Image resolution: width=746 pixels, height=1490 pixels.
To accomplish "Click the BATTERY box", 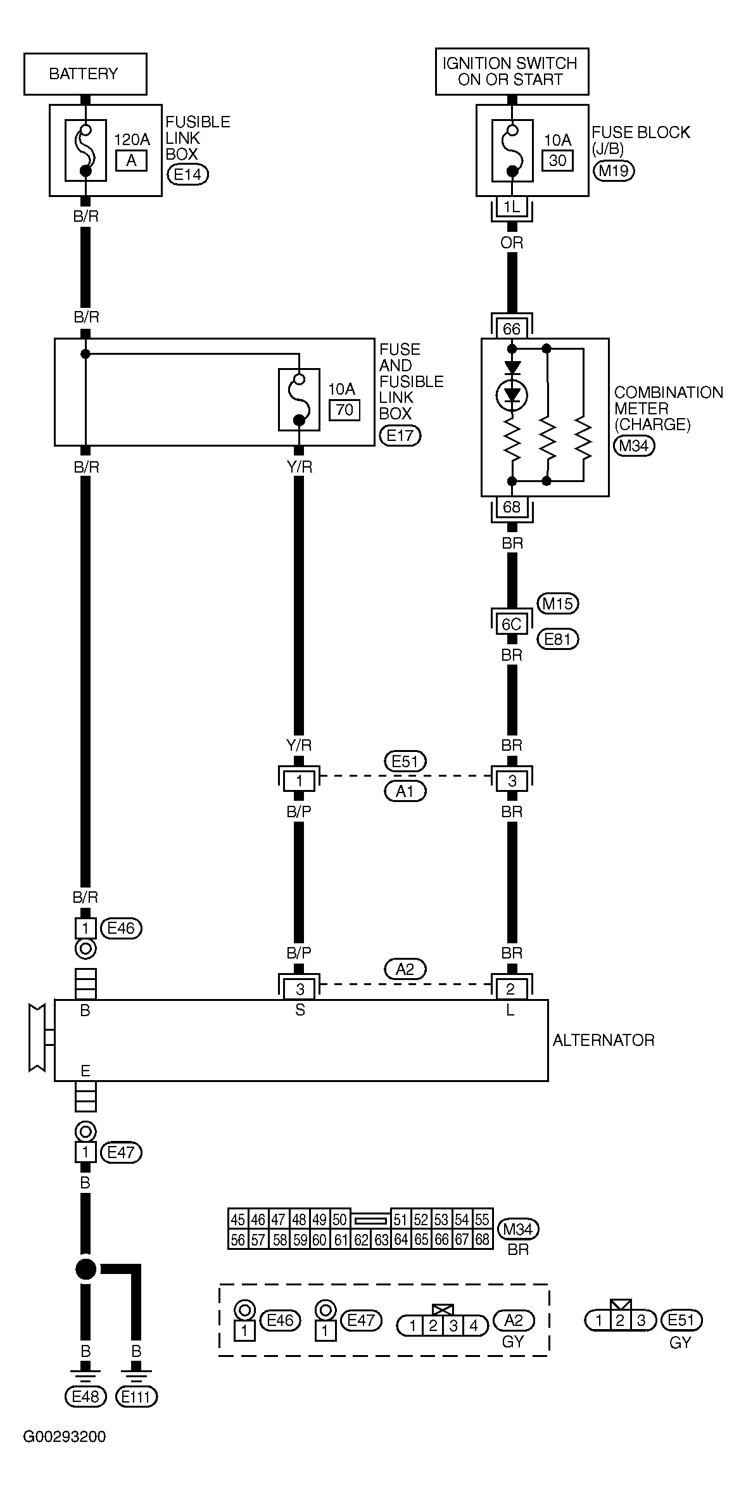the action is point(85,74).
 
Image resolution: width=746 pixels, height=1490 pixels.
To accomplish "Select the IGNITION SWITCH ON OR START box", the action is point(512,72).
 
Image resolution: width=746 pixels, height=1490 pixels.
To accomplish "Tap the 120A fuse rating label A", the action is point(131,161).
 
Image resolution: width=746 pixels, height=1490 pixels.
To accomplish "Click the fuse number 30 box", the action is point(557,161).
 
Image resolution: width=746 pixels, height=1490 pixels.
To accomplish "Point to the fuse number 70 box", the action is point(345,410).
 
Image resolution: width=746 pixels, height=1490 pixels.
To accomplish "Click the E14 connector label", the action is point(187,175).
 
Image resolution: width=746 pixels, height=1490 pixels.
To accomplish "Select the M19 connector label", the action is point(615,171).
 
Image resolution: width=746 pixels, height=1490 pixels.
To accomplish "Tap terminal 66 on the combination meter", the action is point(512,329).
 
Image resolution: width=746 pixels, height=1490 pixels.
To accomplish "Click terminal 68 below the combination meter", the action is point(512,506).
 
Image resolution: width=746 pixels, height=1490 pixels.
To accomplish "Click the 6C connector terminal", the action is point(512,625).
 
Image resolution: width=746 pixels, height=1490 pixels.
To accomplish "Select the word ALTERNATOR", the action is point(604,1040).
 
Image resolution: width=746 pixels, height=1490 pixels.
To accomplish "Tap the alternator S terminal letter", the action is point(300,1010).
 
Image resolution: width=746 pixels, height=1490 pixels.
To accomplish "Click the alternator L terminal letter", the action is point(510,1010).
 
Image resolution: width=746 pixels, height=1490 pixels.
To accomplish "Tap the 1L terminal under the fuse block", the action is point(512,207).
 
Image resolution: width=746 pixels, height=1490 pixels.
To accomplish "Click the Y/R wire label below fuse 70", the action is point(300,468).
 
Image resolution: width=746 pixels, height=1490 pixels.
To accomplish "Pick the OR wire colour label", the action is point(512,243).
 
